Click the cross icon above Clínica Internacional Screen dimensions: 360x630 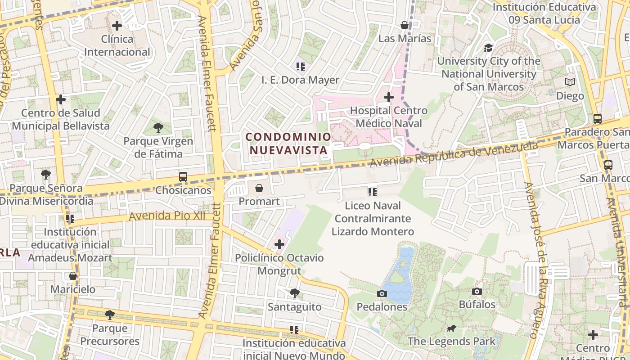coord(117,26)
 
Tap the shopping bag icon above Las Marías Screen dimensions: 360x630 coord(405,25)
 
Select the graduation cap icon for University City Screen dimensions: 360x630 coord(488,48)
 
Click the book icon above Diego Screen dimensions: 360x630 coord(570,82)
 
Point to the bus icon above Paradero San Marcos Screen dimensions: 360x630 coord(598,119)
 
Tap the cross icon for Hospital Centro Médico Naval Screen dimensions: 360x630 coord(389,97)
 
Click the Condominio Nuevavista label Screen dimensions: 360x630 coord(288,143)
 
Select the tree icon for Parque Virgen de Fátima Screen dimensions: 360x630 coord(158,128)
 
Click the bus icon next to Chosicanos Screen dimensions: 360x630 coord(183,177)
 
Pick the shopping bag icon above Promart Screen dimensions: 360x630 coord(259,188)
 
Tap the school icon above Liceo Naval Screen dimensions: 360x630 coord(373,192)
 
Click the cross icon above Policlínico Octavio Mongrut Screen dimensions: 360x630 coord(279,245)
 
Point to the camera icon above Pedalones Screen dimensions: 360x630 coord(382,294)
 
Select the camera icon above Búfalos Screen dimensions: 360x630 coord(477,292)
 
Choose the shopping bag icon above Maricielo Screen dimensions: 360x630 coord(73,276)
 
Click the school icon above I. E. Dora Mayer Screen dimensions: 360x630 coord(301,67)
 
